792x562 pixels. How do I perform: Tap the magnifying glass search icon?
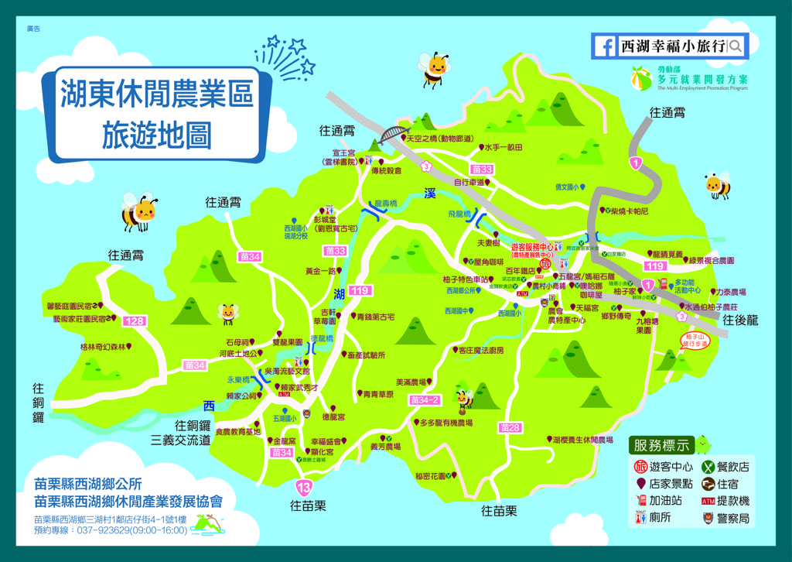pos(735,46)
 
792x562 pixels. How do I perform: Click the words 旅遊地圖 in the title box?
pos(157,135)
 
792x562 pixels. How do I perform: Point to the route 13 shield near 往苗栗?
pos(304,487)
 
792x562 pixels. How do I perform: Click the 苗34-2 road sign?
pos(425,400)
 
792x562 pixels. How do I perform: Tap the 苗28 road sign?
pos(510,427)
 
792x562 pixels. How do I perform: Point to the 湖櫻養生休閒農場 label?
pos(587,439)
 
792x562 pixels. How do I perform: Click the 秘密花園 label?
pos(431,476)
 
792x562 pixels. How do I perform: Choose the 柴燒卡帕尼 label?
pos(630,211)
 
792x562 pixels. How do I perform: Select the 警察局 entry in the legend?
pos(732,518)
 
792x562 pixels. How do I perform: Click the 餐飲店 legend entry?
pos(732,467)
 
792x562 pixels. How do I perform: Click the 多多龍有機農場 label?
pos(445,423)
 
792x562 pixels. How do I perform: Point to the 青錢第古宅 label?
pos(375,317)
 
